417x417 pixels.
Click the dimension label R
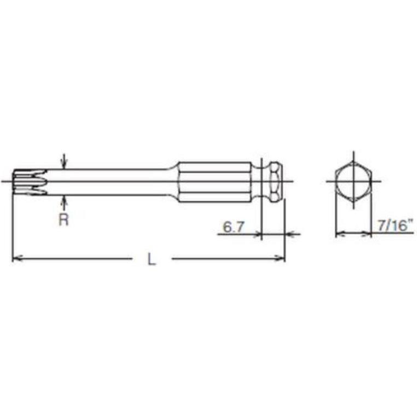click(64, 220)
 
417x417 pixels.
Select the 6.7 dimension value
click(233, 225)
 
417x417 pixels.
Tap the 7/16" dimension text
click(394, 225)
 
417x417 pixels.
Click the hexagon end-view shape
click(353, 181)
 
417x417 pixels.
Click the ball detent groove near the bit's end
click(266, 181)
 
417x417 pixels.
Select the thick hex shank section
click(216, 181)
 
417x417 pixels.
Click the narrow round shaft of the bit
click(109, 181)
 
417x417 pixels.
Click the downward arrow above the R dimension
click(64, 163)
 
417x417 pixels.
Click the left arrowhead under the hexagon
click(339, 234)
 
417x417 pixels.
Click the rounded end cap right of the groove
click(277, 181)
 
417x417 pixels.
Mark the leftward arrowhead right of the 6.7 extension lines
click(289, 234)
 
